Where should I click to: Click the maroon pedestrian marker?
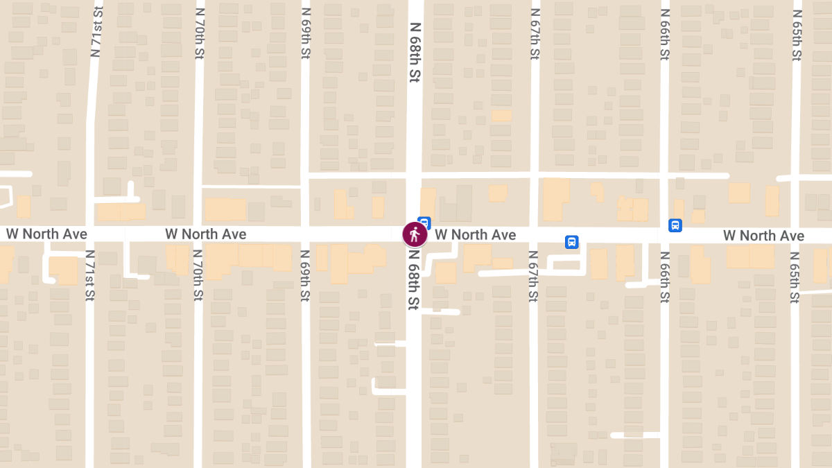click(415, 234)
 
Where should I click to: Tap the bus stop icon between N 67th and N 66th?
click(572, 242)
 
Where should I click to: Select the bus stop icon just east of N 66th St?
click(675, 225)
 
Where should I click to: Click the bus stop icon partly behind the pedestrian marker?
click(426, 223)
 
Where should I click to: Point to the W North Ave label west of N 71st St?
click(46, 234)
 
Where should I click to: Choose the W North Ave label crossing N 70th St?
click(205, 234)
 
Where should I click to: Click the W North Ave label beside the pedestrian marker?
click(476, 235)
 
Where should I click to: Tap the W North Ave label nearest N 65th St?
click(763, 236)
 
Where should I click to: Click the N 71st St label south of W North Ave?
click(89, 276)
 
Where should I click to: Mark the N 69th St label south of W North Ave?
click(304, 276)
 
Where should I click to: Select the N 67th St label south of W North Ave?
click(532, 276)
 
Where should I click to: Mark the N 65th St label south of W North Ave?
click(795, 276)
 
